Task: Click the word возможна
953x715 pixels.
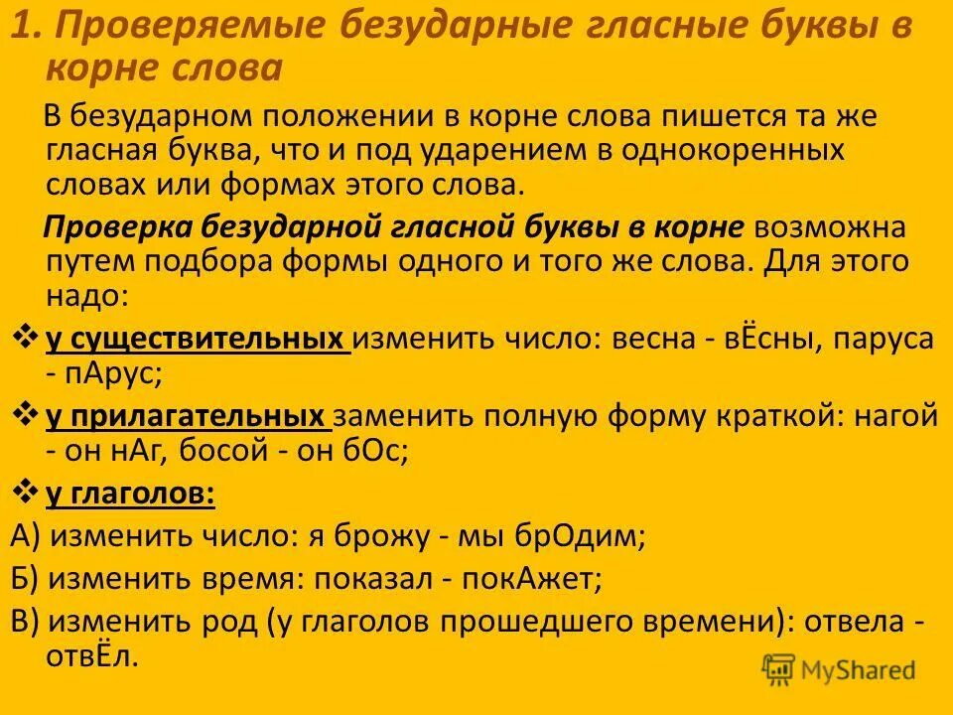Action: [x=829, y=227]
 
